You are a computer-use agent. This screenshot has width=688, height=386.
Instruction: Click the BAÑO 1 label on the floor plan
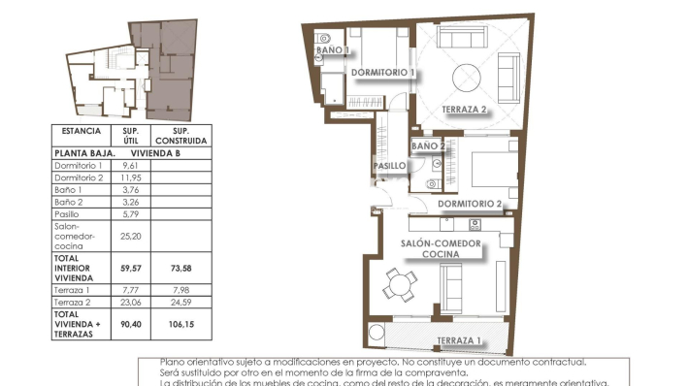(333, 50)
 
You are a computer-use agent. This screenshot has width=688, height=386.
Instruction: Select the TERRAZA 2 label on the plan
(463, 109)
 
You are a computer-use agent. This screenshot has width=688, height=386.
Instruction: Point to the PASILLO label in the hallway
(389, 166)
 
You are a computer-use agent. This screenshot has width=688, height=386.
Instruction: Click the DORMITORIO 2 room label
(469, 204)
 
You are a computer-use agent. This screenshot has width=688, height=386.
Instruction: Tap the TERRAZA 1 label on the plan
(459, 340)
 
